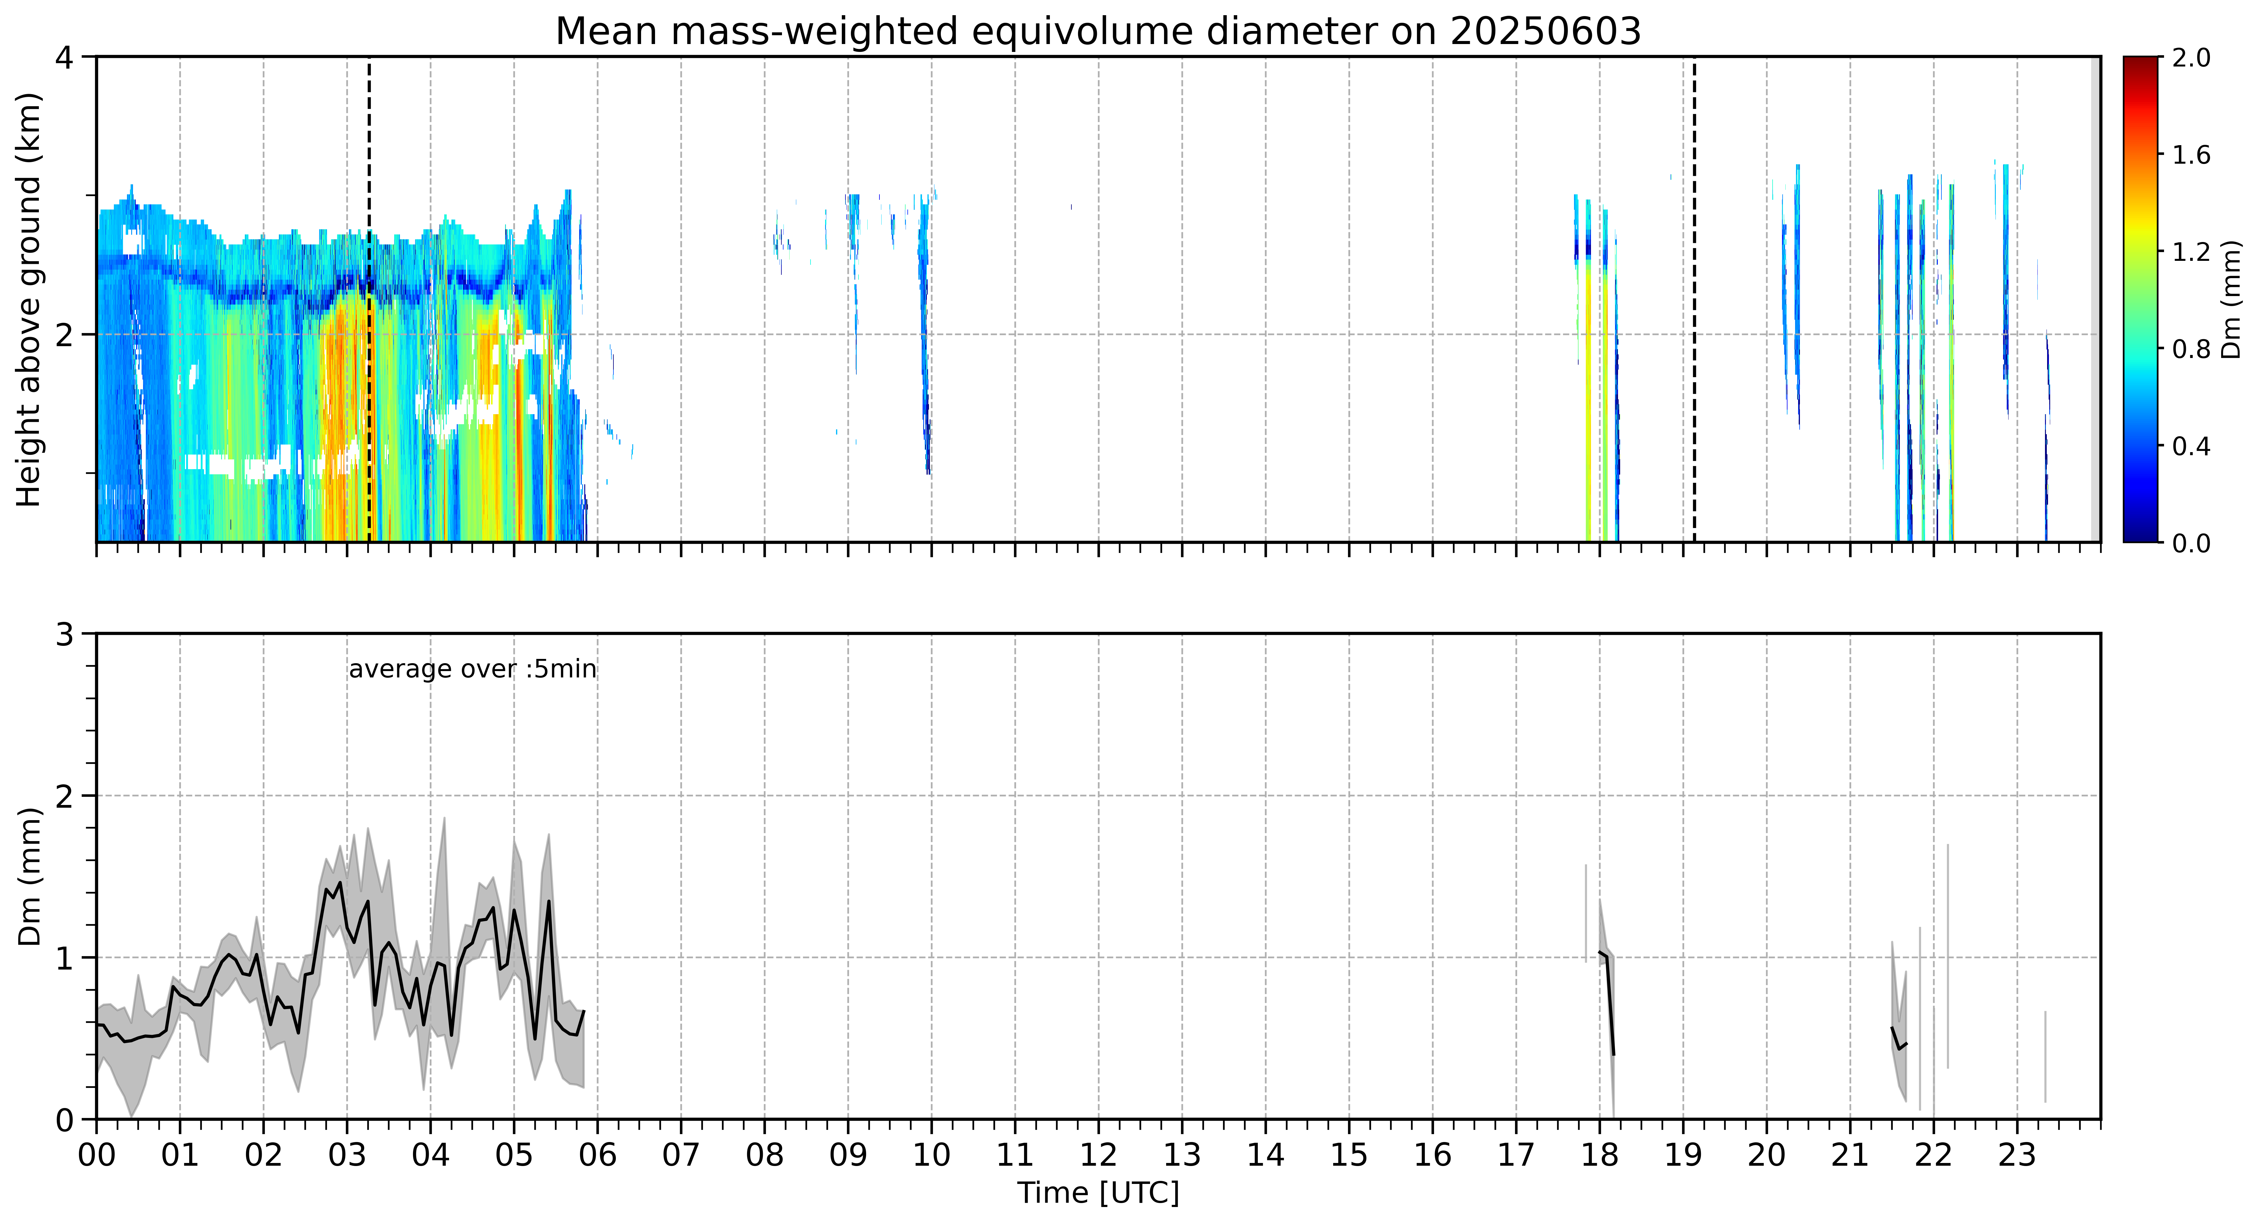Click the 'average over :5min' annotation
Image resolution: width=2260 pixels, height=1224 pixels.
[x=472, y=670]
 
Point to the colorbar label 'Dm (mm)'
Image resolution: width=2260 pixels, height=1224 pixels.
[x=2231, y=300]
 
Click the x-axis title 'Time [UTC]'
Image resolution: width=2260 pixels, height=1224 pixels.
[x=1098, y=1193]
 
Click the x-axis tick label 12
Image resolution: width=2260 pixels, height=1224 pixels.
[x=1098, y=1155]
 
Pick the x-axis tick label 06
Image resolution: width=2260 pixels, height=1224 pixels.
[x=597, y=1155]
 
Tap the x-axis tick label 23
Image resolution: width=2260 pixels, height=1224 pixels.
[x=2017, y=1155]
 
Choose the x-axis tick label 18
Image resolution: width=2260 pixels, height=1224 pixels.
[x=1599, y=1155]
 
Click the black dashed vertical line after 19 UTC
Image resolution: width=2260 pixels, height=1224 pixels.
[x=1694, y=299]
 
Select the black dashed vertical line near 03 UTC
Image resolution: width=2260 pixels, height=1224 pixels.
[x=369, y=299]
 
